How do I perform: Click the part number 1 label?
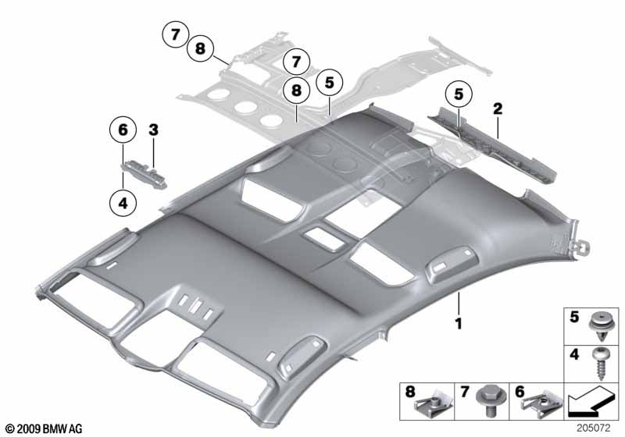click(x=459, y=324)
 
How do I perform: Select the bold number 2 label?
click(x=498, y=108)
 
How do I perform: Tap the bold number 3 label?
click(x=153, y=130)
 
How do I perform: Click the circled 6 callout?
click(x=123, y=130)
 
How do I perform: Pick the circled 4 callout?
click(x=123, y=203)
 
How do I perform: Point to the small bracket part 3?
click(x=145, y=172)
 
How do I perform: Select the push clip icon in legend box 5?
click(x=600, y=326)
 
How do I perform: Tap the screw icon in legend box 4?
click(x=600, y=364)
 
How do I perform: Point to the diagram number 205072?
click(x=593, y=428)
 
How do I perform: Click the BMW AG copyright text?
click(x=45, y=428)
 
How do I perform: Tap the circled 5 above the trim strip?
click(x=459, y=94)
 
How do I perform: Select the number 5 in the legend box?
click(x=574, y=317)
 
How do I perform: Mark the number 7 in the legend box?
click(x=464, y=392)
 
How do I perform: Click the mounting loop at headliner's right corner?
click(x=581, y=248)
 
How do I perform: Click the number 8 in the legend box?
click(x=410, y=392)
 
